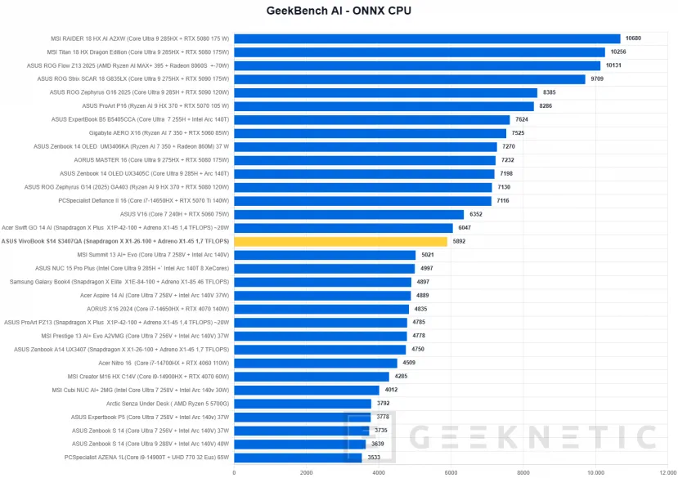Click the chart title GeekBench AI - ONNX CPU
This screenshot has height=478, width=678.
click(x=339, y=11)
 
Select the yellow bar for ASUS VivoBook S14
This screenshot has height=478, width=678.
click(x=340, y=241)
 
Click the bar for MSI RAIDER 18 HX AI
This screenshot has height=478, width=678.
click(x=427, y=38)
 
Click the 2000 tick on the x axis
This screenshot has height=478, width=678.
click(x=307, y=472)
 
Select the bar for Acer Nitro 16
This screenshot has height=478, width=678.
click(x=316, y=363)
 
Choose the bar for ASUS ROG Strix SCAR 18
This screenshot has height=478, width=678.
click(x=410, y=79)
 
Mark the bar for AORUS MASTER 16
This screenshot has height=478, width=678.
click(x=365, y=160)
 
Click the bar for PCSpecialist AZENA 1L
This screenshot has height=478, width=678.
click(x=298, y=458)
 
